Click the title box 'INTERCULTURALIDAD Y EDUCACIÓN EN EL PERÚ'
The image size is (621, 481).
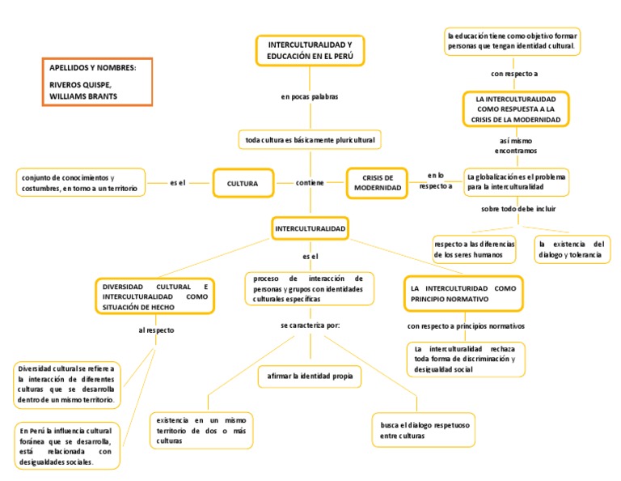[310, 51]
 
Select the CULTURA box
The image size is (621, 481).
[243, 183]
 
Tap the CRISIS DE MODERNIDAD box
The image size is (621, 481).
[378, 183]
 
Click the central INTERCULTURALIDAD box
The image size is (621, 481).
[310, 230]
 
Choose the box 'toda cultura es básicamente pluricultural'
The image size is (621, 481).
[310, 140]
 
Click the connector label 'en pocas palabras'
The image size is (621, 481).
[310, 97]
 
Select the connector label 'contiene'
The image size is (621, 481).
[310, 183]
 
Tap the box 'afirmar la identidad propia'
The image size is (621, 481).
[310, 376]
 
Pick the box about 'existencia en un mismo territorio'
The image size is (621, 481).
[201, 430]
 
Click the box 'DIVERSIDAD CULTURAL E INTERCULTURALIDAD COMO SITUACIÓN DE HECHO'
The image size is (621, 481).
[155, 297]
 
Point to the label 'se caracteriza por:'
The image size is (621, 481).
[310, 325]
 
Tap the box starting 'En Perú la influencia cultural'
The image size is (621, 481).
[67, 445]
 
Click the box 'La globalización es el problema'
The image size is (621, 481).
[517, 181]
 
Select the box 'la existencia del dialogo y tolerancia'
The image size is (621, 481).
[571, 249]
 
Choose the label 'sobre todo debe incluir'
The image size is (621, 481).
[518, 209]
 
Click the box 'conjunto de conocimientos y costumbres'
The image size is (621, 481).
[80, 183]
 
